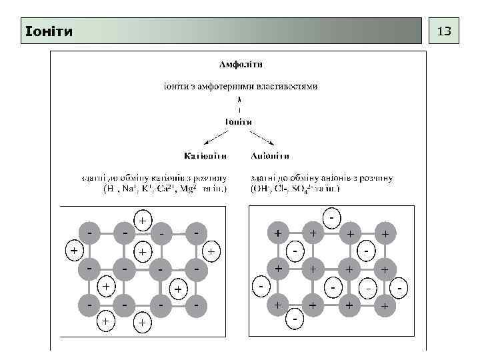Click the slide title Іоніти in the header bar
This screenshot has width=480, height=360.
pyautogui.click(x=48, y=31)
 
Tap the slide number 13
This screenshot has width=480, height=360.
pyautogui.click(x=443, y=31)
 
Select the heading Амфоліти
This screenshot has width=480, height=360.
pyautogui.click(x=241, y=65)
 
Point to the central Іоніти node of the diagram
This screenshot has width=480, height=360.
pyautogui.click(x=237, y=121)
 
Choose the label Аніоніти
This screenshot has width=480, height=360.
pyautogui.click(x=269, y=156)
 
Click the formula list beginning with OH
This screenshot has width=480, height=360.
pyautogui.click(x=295, y=189)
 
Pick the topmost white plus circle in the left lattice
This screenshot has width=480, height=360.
pyautogui.click(x=143, y=219)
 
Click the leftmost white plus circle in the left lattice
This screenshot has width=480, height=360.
pyautogui.click(x=73, y=251)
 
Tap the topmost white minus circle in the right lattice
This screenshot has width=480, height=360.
pyautogui.click(x=331, y=217)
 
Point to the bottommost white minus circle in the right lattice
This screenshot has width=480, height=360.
pyautogui.click(x=295, y=321)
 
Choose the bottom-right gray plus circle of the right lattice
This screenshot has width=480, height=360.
pyautogui.click(x=383, y=306)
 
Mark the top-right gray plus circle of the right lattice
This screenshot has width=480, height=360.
pyautogui.click(x=383, y=233)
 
